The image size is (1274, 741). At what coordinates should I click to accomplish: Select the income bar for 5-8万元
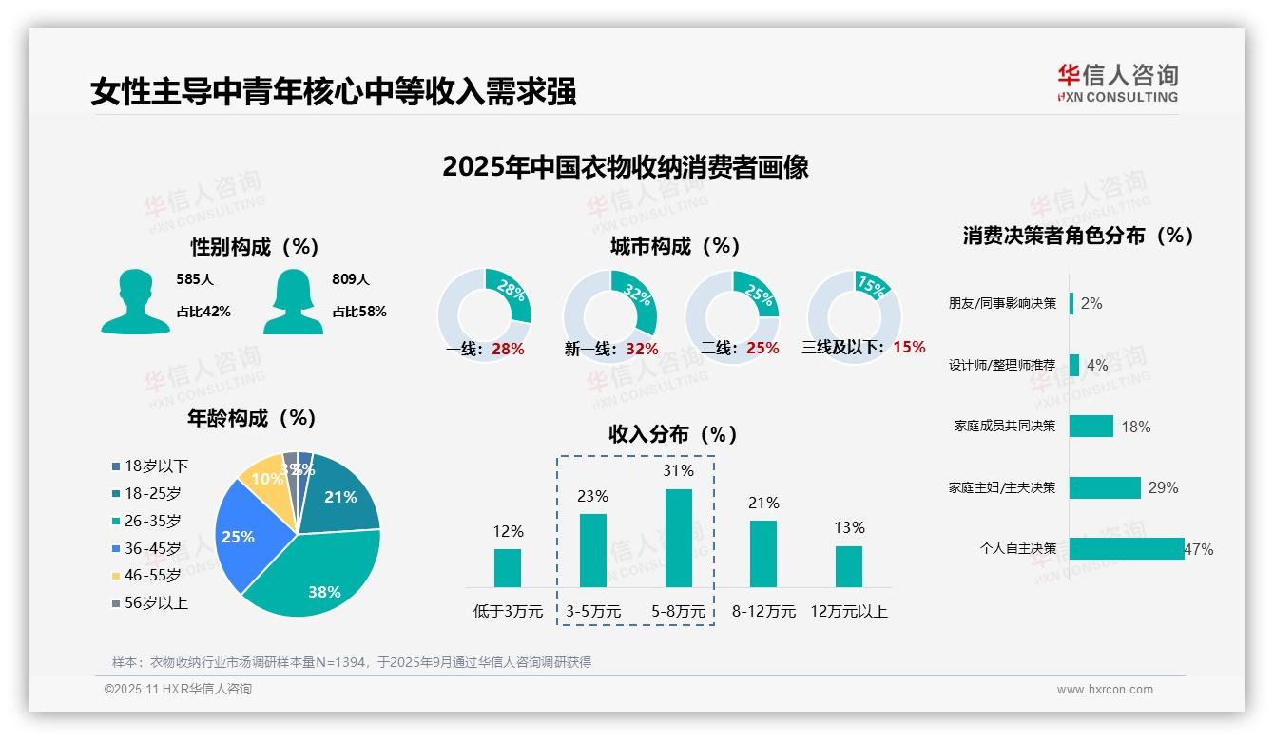click(679, 538)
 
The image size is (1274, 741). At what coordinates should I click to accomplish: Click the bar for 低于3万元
click(508, 567)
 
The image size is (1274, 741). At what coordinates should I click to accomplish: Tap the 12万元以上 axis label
click(848, 612)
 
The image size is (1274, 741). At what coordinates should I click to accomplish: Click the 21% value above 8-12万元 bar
click(763, 503)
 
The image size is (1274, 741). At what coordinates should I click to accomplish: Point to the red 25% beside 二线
click(762, 349)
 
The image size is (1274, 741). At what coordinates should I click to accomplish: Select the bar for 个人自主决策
click(1126, 548)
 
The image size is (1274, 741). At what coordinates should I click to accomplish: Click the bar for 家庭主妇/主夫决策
click(1104, 487)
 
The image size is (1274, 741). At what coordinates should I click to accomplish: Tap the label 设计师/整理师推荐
click(1001, 365)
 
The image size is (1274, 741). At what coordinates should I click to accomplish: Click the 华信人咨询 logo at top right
click(1117, 84)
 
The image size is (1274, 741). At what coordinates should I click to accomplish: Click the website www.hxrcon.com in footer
click(1105, 690)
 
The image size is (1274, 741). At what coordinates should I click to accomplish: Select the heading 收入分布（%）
click(673, 434)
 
